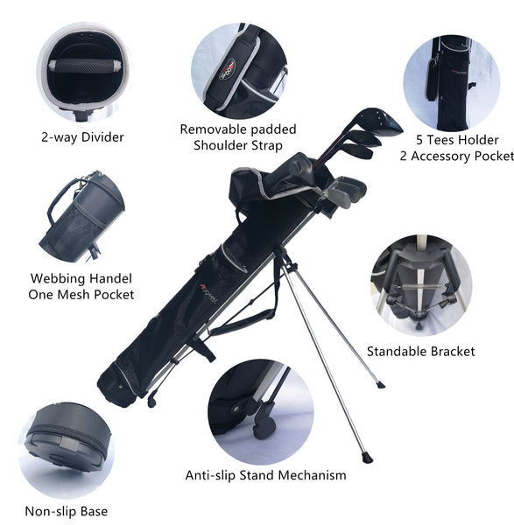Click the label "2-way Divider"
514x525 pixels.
(x=82, y=137)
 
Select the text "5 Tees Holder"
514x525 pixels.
(x=457, y=140)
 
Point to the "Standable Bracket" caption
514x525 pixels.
(x=421, y=352)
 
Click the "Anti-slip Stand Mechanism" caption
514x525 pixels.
(x=265, y=475)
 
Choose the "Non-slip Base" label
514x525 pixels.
(x=67, y=512)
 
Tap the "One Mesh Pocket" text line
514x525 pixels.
(x=81, y=295)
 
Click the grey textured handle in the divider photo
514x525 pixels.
(x=82, y=66)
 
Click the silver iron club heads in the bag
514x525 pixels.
(x=345, y=190)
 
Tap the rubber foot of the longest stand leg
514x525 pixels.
(x=367, y=458)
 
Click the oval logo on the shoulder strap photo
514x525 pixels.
(x=228, y=69)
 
